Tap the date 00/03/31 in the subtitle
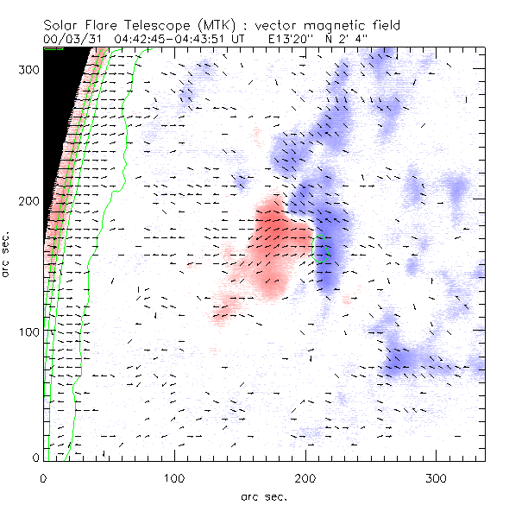(x=70, y=39)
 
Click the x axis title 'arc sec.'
(x=264, y=496)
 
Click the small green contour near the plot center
(x=322, y=249)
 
